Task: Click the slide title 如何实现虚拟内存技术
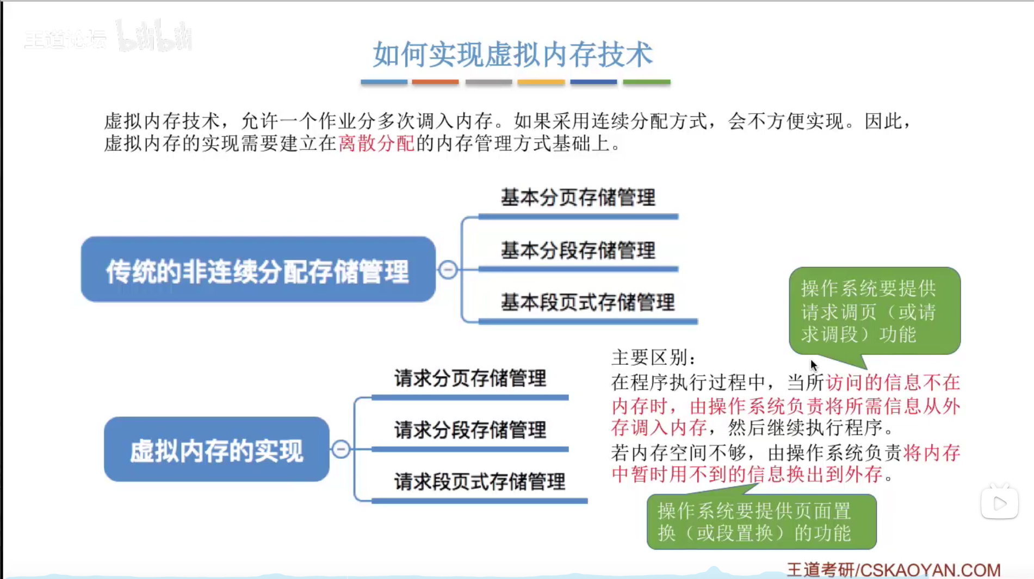tap(512, 54)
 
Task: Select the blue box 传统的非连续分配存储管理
tap(258, 270)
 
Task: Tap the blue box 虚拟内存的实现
tap(216, 450)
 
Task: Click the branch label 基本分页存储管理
tap(578, 197)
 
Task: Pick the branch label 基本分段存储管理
tap(578, 250)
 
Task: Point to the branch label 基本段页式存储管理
tap(587, 302)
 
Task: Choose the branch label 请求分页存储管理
tap(470, 378)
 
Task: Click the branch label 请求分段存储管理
tap(470, 430)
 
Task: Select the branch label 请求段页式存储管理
tap(479, 482)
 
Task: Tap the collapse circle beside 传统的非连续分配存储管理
tap(448, 270)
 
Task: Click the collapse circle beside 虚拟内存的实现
tap(341, 449)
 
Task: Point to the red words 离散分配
tap(376, 144)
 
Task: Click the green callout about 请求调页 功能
tap(874, 311)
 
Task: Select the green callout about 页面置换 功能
tap(761, 522)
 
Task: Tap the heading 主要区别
tap(653, 358)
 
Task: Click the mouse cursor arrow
tap(813, 365)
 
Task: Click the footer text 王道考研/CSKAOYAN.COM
tap(893, 569)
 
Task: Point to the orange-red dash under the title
tap(435, 82)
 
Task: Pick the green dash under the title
tap(646, 82)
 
